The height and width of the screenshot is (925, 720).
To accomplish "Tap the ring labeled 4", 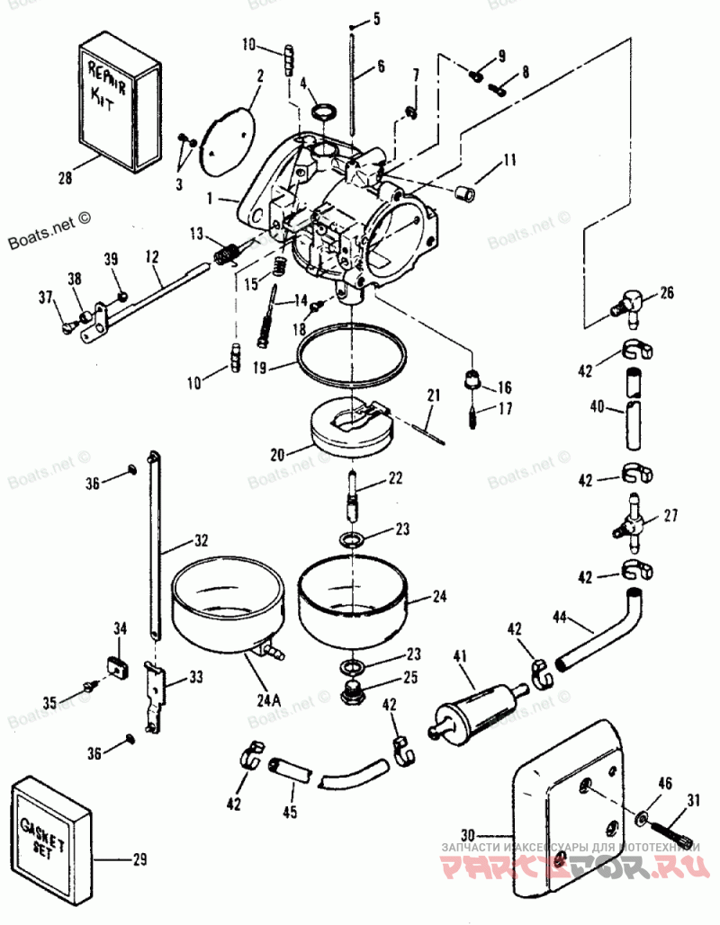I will coord(324,112).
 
